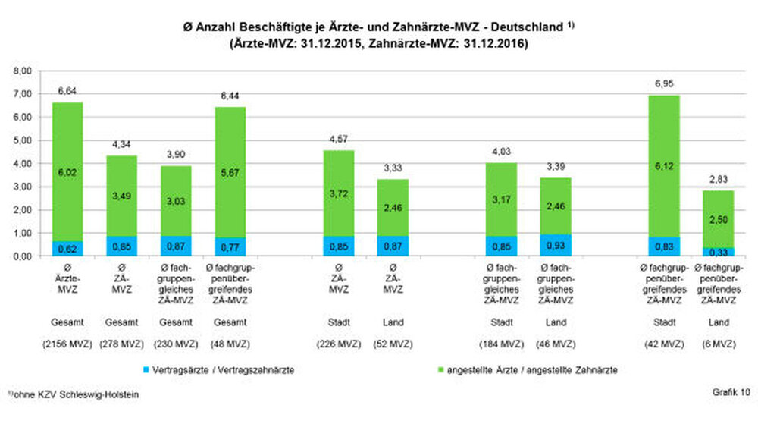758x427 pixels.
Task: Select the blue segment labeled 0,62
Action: click(67, 249)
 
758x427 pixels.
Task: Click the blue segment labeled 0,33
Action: click(718, 252)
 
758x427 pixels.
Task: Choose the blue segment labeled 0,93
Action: click(556, 245)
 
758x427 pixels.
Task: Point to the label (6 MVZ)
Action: click(718, 344)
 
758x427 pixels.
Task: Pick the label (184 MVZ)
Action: click(501, 344)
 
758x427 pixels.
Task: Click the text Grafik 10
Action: click(731, 392)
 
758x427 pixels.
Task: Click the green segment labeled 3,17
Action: click(501, 199)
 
